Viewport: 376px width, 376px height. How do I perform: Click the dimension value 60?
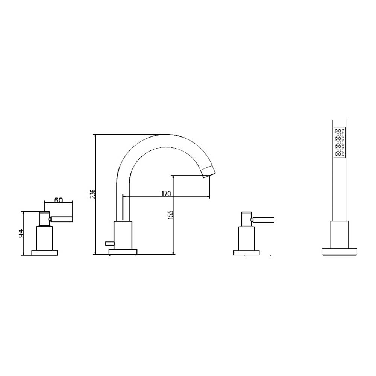pyautogui.click(x=58, y=200)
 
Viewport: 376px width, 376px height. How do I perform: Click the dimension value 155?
pyautogui.click(x=171, y=215)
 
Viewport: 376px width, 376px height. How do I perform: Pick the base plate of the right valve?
pyautogui.click(x=247, y=253)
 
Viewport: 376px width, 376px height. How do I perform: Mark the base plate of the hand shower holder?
pyautogui.click(x=340, y=251)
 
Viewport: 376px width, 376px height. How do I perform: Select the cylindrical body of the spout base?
pyautogui.click(x=123, y=234)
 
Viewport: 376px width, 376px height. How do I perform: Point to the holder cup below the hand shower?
pyautogui.click(x=340, y=233)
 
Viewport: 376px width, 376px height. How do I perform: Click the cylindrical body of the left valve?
pyautogui.click(x=45, y=238)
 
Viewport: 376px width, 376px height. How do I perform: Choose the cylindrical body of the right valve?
pyautogui.click(x=247, y=238)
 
